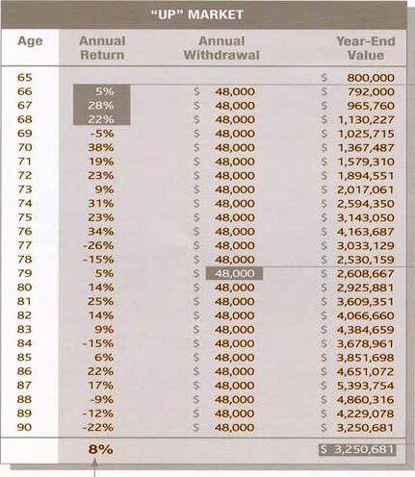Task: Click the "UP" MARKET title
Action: coord(196,14)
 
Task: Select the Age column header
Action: coord(30,41)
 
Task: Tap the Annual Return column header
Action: coord(102,48)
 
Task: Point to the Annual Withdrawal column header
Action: coord(221,48)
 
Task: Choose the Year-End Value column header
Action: coord(366,48)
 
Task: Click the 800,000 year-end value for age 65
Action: coord(371,78)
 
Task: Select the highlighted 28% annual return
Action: coord(101,106)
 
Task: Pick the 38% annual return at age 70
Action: coord(101,147)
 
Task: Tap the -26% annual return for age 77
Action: coord(98,245)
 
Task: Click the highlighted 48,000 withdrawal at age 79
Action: coord(235,273)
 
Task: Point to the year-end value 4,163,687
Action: coord(365,232)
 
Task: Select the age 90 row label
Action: coord(25,427)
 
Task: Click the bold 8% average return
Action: coord(101,449)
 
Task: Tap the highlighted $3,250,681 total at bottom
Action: coord(357,449)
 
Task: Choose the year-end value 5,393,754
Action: coord(365,386)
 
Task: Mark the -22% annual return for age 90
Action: coord(98,427)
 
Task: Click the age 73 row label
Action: coord(25,189)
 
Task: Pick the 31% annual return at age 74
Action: coord(101,204)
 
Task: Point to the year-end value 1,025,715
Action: coord(366,134)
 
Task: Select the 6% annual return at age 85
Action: coord(104,358)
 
